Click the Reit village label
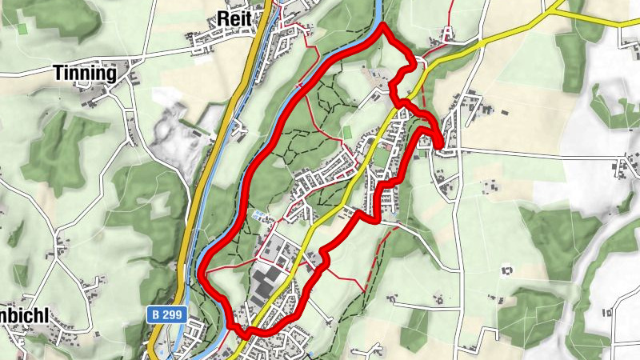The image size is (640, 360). (234, 18)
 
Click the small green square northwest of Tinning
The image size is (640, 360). (22, 28)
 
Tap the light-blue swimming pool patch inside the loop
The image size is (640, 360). (259, 216)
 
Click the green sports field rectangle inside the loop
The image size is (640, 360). (346, 131)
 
